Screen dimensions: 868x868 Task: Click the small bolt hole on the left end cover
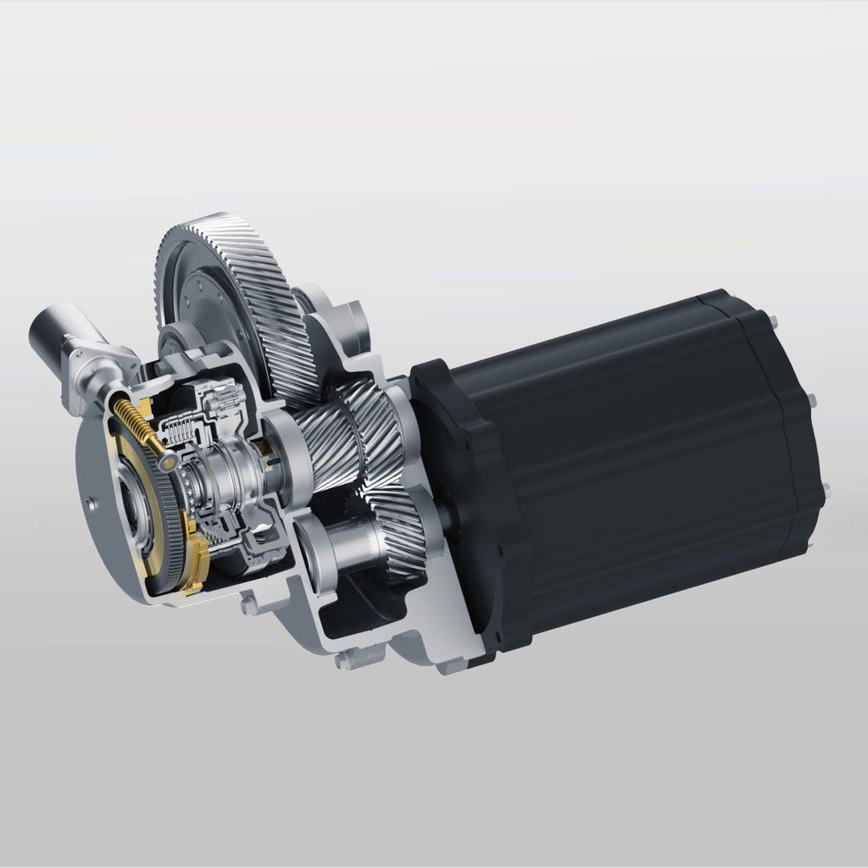[89, 503]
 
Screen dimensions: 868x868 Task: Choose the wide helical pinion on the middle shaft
[339, 432]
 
